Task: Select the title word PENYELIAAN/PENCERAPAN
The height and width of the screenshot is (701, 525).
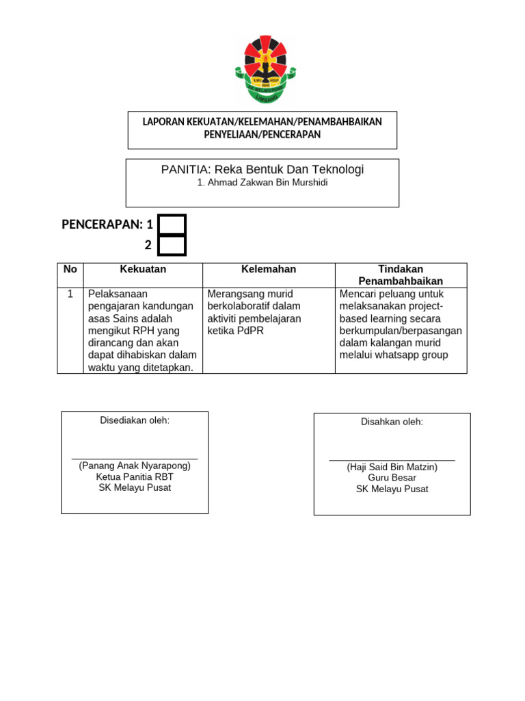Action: point(262,135)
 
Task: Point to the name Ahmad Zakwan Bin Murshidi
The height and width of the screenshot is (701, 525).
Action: point(262,183)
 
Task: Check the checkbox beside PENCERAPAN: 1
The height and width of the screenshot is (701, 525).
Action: point(172,225)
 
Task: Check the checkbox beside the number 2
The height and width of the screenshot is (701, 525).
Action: point(172,245)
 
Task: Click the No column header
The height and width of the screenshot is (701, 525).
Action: point(70,269)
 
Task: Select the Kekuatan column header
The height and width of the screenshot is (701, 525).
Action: point(143,269)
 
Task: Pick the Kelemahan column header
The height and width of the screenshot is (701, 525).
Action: point(269,269)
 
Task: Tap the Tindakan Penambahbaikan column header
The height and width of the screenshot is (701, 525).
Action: point(401,275)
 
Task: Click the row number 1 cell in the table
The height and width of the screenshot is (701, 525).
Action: point(70,294)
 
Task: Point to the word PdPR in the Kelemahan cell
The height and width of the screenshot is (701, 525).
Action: point(251,331)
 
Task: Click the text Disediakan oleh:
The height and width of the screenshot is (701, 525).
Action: point(135,420)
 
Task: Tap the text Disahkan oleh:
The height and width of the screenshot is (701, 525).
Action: point(392,422)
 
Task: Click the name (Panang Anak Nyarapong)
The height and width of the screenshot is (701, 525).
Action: point(135,466)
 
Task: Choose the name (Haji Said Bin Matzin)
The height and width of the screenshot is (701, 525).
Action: point(392,467)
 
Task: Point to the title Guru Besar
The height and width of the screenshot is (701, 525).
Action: point(392,478)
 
